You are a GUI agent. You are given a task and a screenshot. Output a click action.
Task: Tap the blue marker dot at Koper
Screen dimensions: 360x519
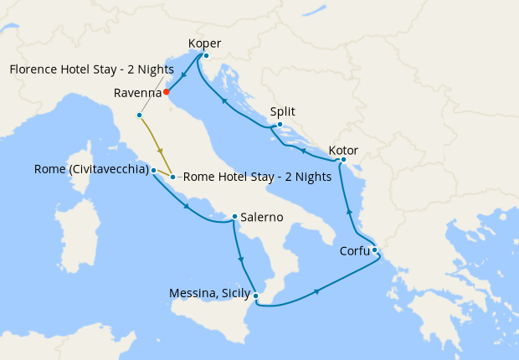pos(206,56)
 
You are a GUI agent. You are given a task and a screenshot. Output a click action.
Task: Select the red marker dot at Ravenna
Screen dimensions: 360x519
pos(167,91)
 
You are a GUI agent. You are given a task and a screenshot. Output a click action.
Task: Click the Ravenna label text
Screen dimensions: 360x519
pos(137,92)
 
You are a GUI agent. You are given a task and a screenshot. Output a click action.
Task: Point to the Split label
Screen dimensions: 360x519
pos(283,111)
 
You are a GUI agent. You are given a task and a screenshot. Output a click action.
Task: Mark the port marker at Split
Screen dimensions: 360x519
pos(280,126)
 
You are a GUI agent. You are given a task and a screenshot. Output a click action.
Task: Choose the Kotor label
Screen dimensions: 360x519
pos(343,150)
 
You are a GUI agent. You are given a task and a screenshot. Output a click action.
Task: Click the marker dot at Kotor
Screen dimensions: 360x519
pos(343,160)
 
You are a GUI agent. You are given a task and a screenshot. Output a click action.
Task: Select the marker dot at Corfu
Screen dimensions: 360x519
pos(375,249)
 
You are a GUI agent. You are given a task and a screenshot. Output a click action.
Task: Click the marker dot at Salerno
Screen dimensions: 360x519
pos(234,216)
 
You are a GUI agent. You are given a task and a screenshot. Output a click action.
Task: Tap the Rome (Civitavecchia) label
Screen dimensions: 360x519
pos(91,169)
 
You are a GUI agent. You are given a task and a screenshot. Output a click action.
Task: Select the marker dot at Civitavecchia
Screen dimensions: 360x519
pos(154,170)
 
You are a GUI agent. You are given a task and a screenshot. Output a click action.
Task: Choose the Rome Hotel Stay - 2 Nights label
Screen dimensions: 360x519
pos(257,177)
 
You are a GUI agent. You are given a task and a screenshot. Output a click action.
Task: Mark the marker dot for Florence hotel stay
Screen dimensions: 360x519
pos(140,115)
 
